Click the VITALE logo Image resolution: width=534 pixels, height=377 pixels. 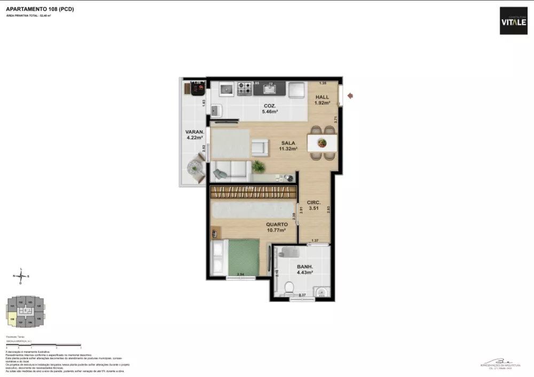pyautogui.click(x=513, y=21)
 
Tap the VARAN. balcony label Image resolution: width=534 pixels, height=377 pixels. pyautogui.click(x=192, y=134)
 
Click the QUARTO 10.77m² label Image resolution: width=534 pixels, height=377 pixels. pyautogui.click(x=277, y=228)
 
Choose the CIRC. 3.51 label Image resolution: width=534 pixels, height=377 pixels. pyautogui.click(x=313, y=206)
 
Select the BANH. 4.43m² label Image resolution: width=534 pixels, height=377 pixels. pyautogui.click(x=305, y=269)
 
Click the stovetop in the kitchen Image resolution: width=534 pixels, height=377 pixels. pyautogui.click(x=245, y=89)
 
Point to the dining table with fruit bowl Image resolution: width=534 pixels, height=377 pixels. pyautogui.click(x=322, y=143)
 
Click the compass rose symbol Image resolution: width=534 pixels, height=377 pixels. pyautogui.click(x=21, y=276)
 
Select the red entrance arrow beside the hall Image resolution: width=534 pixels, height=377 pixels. pyautogui.click(x=350, y=96)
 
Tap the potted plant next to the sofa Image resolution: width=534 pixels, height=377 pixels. pyautogui.click(x=258, y=166)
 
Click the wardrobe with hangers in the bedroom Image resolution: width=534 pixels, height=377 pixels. pyautogui.click(x=253, y=192)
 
